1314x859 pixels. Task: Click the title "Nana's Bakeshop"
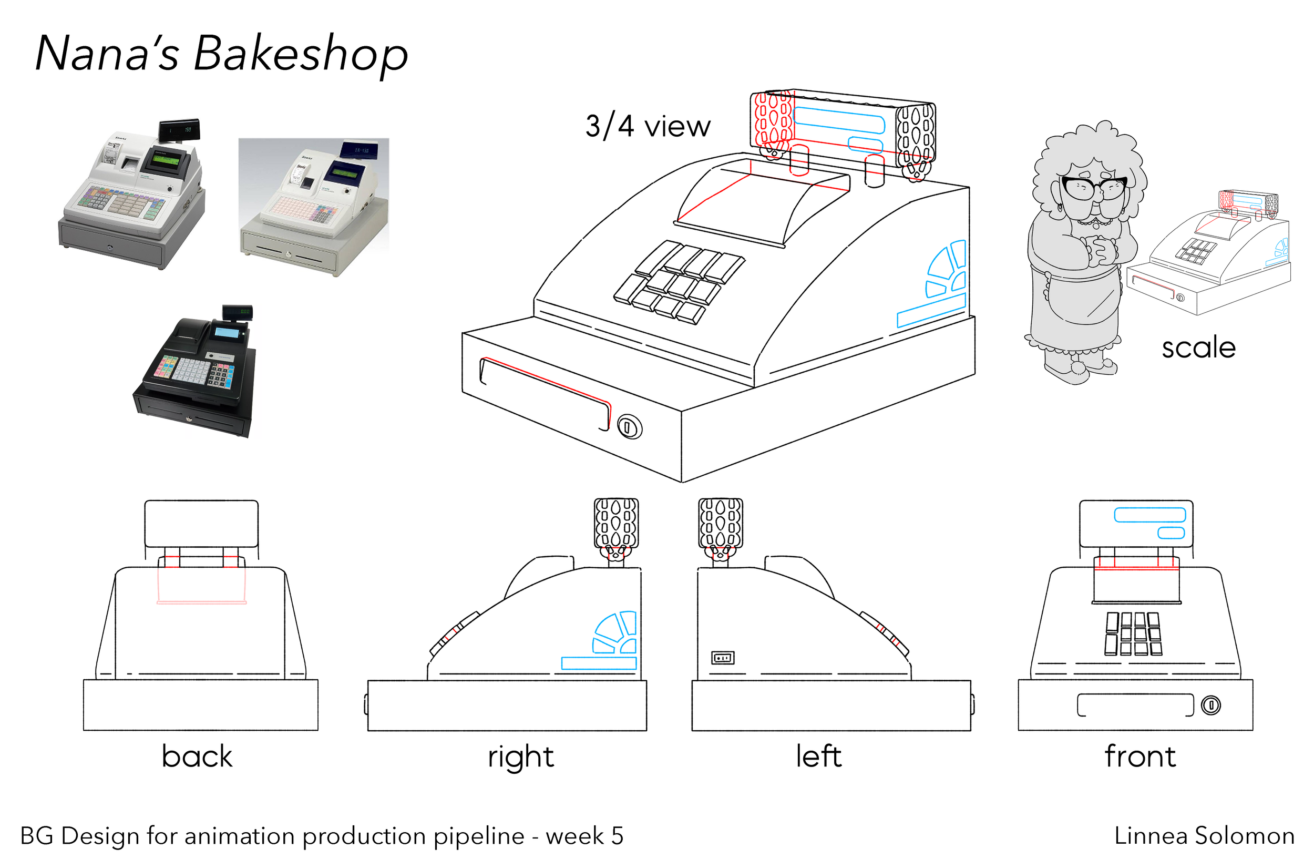tap(221, 54)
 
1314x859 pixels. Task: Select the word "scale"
tap(1197, 348)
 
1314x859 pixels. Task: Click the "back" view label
tap(197, 756)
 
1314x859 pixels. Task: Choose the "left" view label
tap(818, 756)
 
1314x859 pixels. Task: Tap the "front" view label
tap(1140, 756)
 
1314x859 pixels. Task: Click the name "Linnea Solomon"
tap(1204, 836)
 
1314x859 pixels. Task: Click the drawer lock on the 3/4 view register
tap(629, 427)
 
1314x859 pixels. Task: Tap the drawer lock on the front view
tap(1211, 705)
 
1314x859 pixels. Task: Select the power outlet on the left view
tap(723, 658)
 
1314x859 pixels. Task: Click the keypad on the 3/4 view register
tap(679, 281)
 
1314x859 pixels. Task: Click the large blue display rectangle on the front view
tap(1149, 515)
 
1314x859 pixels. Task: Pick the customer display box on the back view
tap(201, 524)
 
